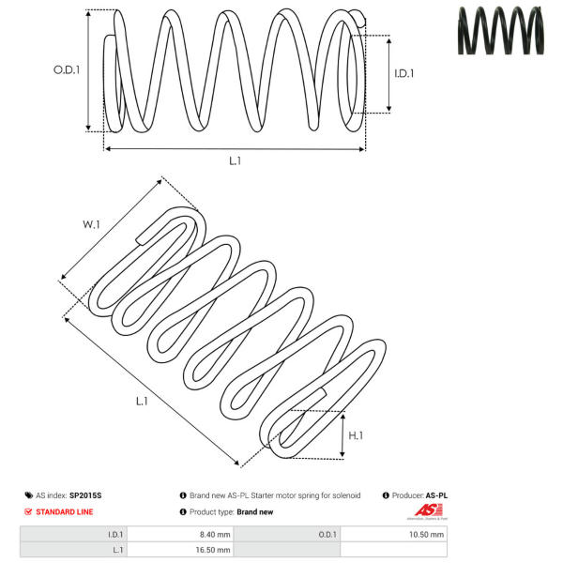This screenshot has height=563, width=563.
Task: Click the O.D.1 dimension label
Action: (x=67, y=69)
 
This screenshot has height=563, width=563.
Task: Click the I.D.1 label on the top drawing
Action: (x=403, y=73)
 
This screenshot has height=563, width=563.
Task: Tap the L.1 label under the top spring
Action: (x=235, y=160)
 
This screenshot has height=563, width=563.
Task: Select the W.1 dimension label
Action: (x=91, y=224)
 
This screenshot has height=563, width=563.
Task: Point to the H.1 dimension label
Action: (x=356, y=435)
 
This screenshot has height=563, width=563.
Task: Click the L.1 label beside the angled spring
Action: (x=142, y=402)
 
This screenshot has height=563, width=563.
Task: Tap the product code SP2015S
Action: (x=85, y=495)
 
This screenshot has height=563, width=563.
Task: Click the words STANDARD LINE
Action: (x=65, y=511)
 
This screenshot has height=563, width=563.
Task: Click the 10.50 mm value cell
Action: (x=428, y=534)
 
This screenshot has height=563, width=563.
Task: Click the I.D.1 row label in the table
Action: (x=116, y=534)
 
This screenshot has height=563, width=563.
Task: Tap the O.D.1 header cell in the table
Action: (x=327, y=534)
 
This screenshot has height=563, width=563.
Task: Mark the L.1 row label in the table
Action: (x=117, y=549)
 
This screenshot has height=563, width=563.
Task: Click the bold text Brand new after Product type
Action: (x=255, y=511)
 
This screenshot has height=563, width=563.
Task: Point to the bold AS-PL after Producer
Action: (x=436, y=495)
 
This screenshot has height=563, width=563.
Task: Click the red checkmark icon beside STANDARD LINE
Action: (x=27, y=511)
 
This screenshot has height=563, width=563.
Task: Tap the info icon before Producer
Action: (x=386, y=495)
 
